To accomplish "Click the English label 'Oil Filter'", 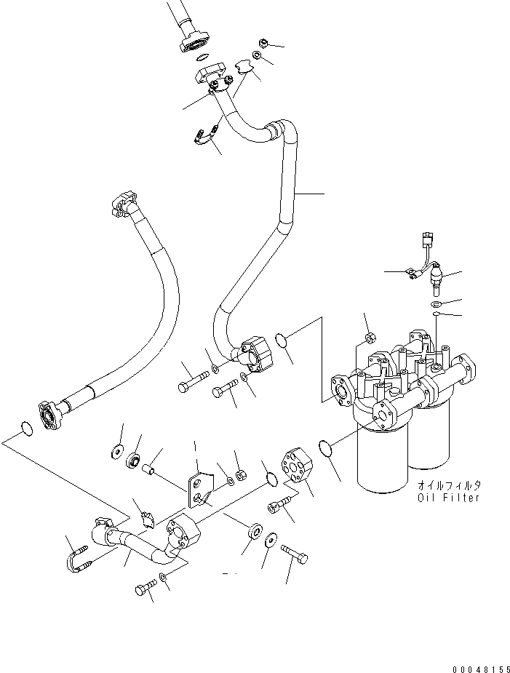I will pyautogui.click(x=449, y=498).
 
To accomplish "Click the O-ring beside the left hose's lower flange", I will pyautogui.click(x=26, y=429).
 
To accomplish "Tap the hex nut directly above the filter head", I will pyautogui.click(x=369, y=337).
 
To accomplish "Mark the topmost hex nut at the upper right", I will pyautogui.click(x=263, y=43).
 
